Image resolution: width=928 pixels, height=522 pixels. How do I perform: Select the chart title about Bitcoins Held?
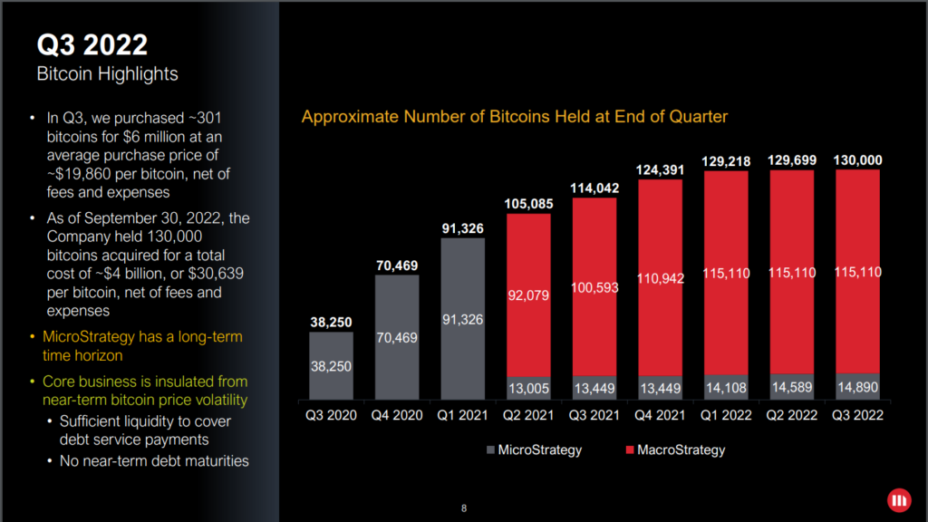click(x=515, y=117)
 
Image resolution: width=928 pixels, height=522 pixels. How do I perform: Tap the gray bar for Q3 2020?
click(x=332, y=365)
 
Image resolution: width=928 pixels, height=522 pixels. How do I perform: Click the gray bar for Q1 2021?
click(x=463, y=318)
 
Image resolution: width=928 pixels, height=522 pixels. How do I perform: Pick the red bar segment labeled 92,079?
click(x=528, y=295)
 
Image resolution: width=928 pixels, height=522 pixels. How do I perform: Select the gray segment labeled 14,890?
click(x=856, y=388)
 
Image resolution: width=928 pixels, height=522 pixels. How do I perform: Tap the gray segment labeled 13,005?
click(x=528, y=389)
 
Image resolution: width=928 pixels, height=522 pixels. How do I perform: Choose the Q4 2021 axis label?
click(x=660, y=416)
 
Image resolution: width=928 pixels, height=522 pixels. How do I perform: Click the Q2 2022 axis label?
click(x=791, y=416)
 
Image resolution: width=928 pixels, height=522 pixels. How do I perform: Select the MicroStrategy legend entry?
click(x=534, y=449)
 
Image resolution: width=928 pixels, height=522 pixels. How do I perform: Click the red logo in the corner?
click(x=899, y=500)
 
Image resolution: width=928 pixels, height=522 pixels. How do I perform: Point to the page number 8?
click(x=464, y=508)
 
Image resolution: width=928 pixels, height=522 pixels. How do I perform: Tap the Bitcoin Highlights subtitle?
click(x=107, y=73)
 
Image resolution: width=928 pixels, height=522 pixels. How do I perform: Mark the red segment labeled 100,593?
click(x=594, y=289)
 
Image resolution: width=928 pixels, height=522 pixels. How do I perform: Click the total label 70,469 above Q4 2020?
click(x=397, y=266)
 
